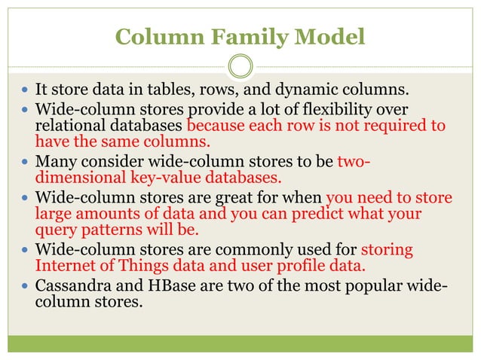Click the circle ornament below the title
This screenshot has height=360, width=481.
click(240, 66)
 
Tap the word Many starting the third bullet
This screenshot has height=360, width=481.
click(55, 160)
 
